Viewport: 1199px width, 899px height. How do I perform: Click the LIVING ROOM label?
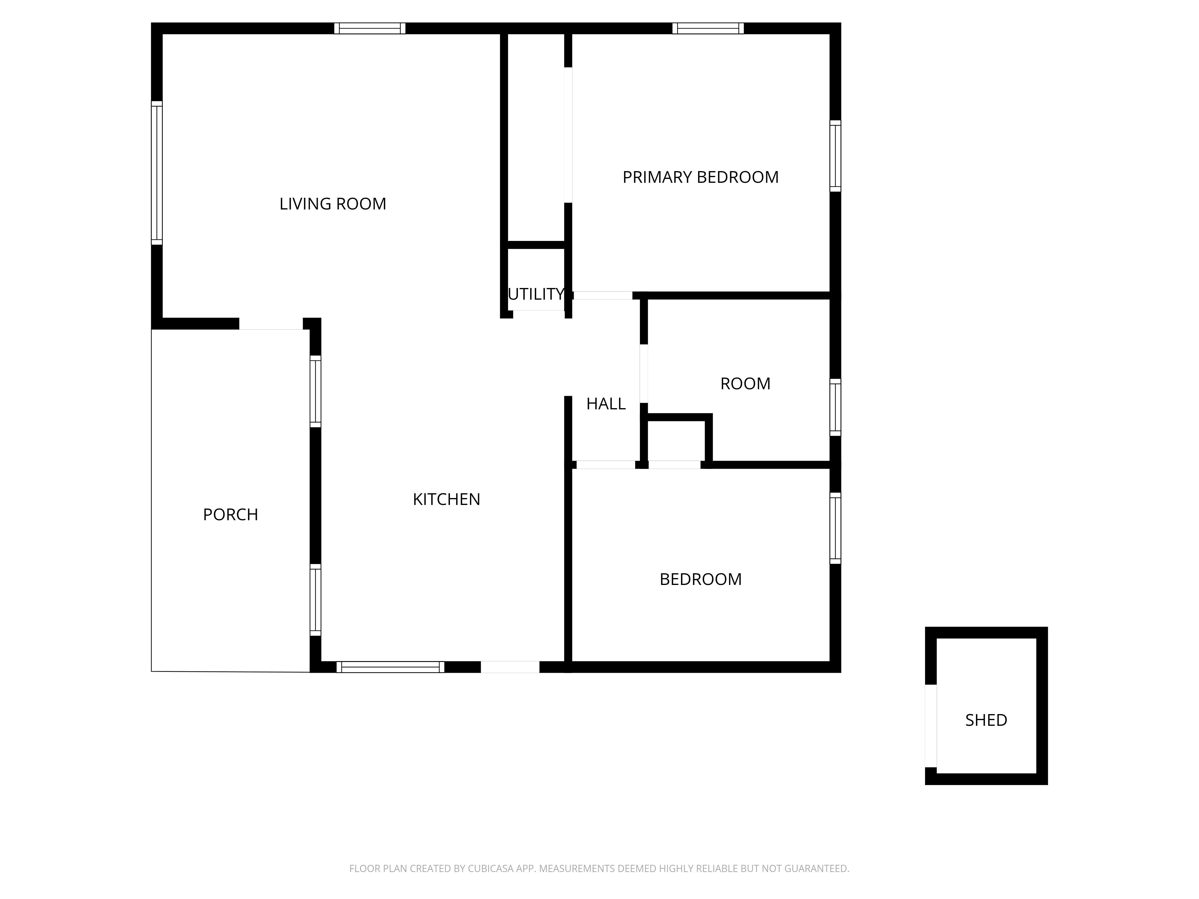(x=333, y=204)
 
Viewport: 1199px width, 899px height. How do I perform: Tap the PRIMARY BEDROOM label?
(x=700, y=177)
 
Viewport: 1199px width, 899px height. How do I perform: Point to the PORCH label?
(x=231, y=514)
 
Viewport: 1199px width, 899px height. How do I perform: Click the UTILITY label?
(x=536, y=294)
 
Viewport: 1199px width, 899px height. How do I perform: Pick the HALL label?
(x=606, y=404)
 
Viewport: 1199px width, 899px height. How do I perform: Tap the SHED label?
(x=986, y=720)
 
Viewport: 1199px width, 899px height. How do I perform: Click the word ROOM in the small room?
(x=745, y=384)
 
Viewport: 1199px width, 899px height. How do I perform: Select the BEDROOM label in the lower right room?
(x=700, y=579)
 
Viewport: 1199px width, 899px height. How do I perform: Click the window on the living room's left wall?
(x=157, y=173)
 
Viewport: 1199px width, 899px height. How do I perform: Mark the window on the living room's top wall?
(x=370, y=28)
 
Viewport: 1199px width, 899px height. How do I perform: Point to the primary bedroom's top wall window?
(x=708, y=28)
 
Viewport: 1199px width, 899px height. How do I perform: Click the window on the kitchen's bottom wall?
(x=390, y=667)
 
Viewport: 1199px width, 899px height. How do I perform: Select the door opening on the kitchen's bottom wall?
(x=510, y=667)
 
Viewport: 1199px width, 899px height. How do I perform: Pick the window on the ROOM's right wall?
(x=835, y=407)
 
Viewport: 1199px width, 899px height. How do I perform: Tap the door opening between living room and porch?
(x=271, y=324)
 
